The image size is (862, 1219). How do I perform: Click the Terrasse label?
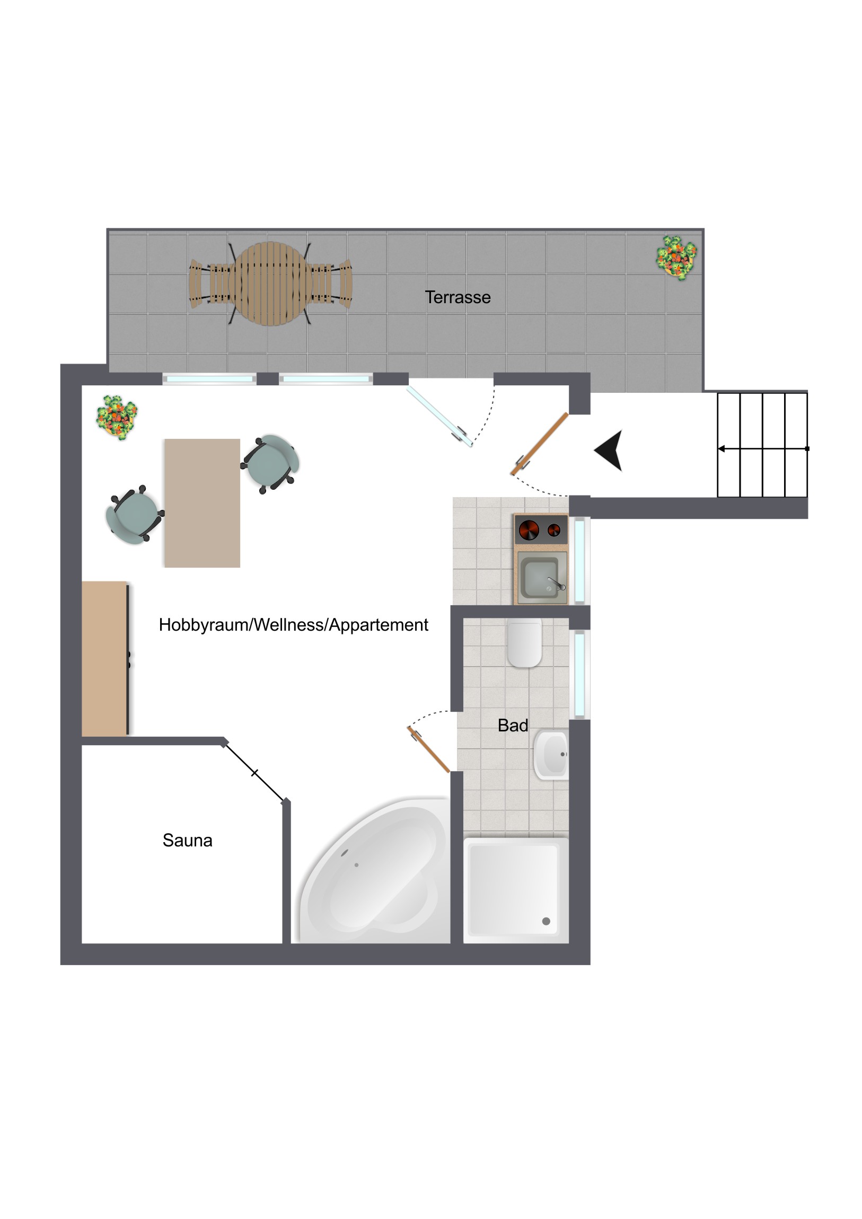coord(458,297)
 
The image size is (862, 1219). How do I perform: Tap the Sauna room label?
coord(188,841)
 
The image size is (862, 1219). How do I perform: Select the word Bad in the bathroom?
coord(513,725)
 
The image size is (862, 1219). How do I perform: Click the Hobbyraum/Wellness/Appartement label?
coord(293,625)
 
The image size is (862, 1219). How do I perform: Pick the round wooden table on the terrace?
coord(271,284)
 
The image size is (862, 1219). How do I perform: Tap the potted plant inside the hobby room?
coord(117,417)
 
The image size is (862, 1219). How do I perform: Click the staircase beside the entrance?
coord(763,445)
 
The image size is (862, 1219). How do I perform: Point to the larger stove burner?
coord(529,530)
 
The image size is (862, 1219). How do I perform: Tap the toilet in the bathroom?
coord(525,642)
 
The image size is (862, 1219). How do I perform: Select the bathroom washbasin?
coord(551,754)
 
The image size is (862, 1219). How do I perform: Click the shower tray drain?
coord(546,921)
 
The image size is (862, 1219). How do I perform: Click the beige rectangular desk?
coord(202,503)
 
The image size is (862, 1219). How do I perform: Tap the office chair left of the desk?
coord(134,515)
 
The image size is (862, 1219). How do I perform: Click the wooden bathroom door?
coord(428,749)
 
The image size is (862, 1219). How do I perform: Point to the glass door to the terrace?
coord(440,416)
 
